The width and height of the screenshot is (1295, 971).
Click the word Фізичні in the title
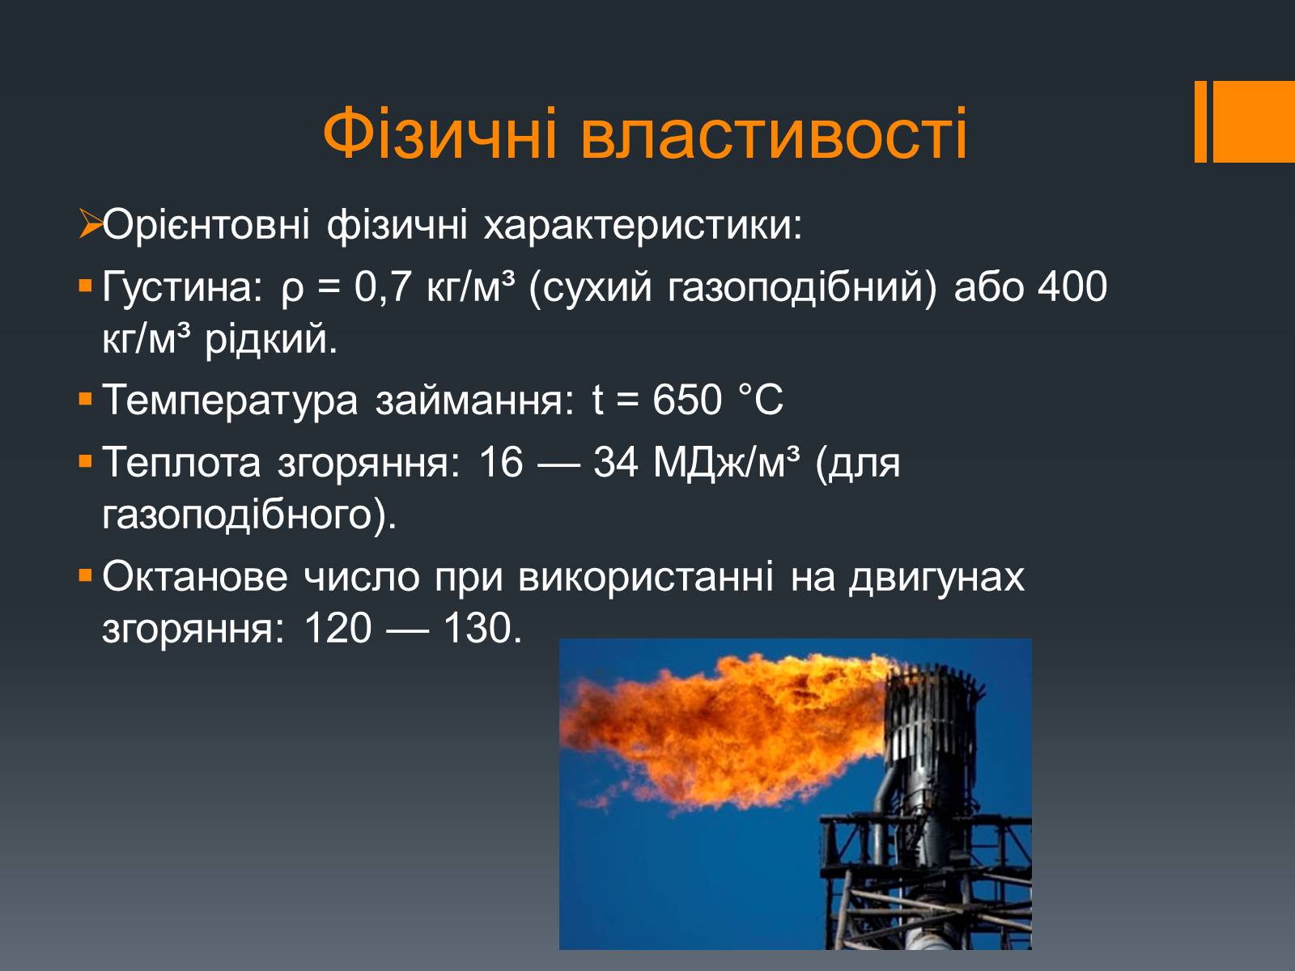[439, 134]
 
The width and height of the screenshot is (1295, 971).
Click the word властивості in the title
[774, 134]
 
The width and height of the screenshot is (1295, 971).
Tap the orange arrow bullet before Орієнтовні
[91, 224]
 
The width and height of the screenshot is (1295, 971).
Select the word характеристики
[643, 225]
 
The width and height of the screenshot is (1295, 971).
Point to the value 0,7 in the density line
[382, 286]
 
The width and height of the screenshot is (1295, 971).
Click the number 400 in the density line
[1072, 286]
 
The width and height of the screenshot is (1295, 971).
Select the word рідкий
[271, 340]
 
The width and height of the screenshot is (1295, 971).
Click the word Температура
[231, 401]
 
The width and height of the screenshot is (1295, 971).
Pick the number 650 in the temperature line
[687, 400]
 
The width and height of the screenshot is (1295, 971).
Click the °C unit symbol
[761, 400]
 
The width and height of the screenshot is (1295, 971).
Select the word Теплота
[182, 461]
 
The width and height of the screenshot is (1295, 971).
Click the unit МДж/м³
[727, 462]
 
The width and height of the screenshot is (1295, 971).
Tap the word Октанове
[195, 576]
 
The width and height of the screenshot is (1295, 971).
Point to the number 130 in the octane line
[482, 628]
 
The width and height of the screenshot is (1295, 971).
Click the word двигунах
[937, 578]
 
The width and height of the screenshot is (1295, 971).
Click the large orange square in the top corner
[1254, 121]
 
